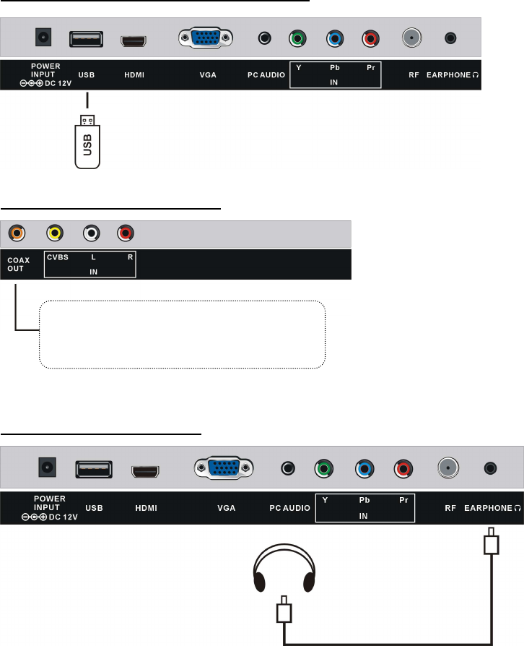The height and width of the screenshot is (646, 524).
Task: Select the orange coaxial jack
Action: click(17, 233)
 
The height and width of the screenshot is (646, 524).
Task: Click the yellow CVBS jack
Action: click(53, 233)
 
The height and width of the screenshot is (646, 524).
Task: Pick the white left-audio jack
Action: click(90, 233)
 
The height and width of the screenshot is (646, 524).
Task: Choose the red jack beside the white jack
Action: click(125, 233)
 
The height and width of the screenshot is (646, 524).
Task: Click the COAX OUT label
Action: click(16, 264)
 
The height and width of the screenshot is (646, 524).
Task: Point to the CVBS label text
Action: click(58, 257)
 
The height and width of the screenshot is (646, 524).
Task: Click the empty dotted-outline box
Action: click(182, 335)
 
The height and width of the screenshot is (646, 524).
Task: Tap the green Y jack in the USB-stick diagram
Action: click(296, 38)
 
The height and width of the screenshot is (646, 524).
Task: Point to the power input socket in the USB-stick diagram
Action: click(45, 37)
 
